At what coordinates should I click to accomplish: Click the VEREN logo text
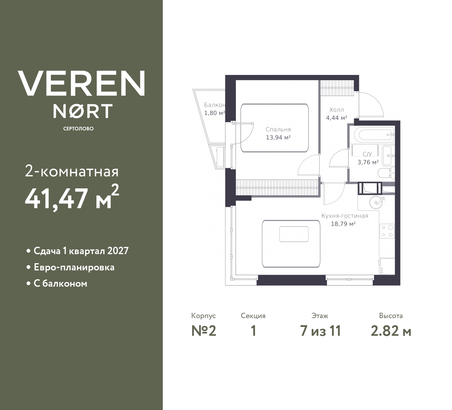(x=82, y=83)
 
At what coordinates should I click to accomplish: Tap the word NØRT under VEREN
(x=83, y=111)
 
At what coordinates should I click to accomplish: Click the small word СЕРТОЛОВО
(x=78, y=129)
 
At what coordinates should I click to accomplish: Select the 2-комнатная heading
(x=72, y=172)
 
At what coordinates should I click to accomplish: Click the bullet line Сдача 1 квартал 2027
(x=81, y=251)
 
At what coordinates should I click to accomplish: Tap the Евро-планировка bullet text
(x=74, y=267)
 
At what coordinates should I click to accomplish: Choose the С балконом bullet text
(x=60, y=283)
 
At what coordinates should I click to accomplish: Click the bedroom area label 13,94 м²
(x=278, y=137)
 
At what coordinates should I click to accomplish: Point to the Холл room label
(x=336, y=110)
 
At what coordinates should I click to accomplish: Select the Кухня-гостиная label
(x=345, y=216)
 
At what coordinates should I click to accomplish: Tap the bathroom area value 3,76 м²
(x=368, y=162)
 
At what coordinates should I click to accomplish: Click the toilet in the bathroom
(x=386, y=173)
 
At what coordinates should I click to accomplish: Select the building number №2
(x=204, y=331)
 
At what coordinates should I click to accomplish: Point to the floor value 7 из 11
(x=320, y=331)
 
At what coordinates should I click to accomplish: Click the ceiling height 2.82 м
(x=391, y=331)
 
